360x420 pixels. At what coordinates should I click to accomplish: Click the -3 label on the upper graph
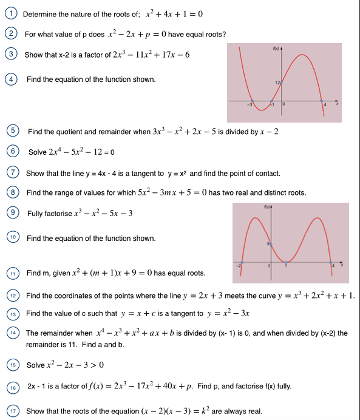(249, 106)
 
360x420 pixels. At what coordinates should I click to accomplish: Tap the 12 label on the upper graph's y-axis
(276, 81)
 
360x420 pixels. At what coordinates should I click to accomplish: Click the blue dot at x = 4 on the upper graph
(324, 101)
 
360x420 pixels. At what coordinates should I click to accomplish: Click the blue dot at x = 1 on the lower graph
(287, 263)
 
